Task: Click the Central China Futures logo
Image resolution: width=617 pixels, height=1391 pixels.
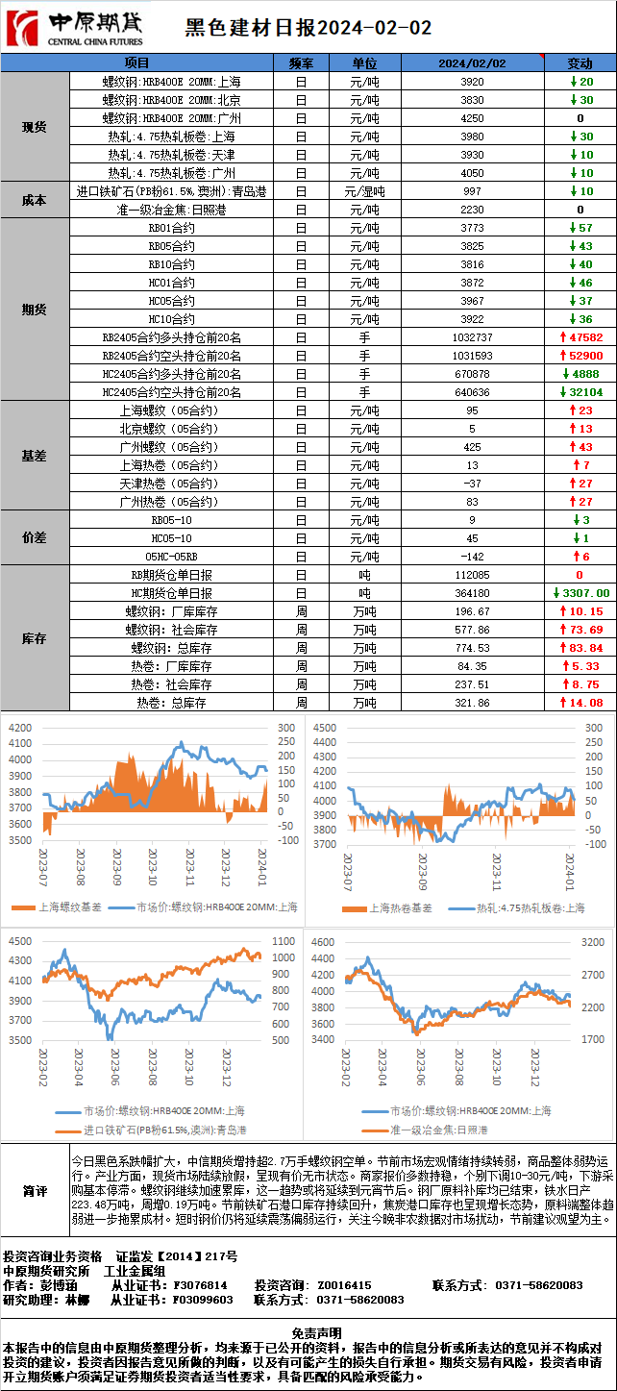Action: click(x=75, y=28)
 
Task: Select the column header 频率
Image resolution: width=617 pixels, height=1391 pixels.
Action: click(x=300, y=62)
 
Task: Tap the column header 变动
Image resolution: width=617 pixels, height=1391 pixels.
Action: click(x=580, y=62)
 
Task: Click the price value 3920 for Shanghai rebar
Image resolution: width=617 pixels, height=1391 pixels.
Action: click(x=472, y=82)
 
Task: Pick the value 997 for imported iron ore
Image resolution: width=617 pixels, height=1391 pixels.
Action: click(x=472, y=191)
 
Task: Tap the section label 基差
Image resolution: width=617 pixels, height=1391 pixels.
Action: click(x=35, y=456)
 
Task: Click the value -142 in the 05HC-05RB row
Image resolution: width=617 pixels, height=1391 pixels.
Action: click(x=472, y=557)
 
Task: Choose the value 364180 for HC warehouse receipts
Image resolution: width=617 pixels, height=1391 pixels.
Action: click(x=472, y=593)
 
